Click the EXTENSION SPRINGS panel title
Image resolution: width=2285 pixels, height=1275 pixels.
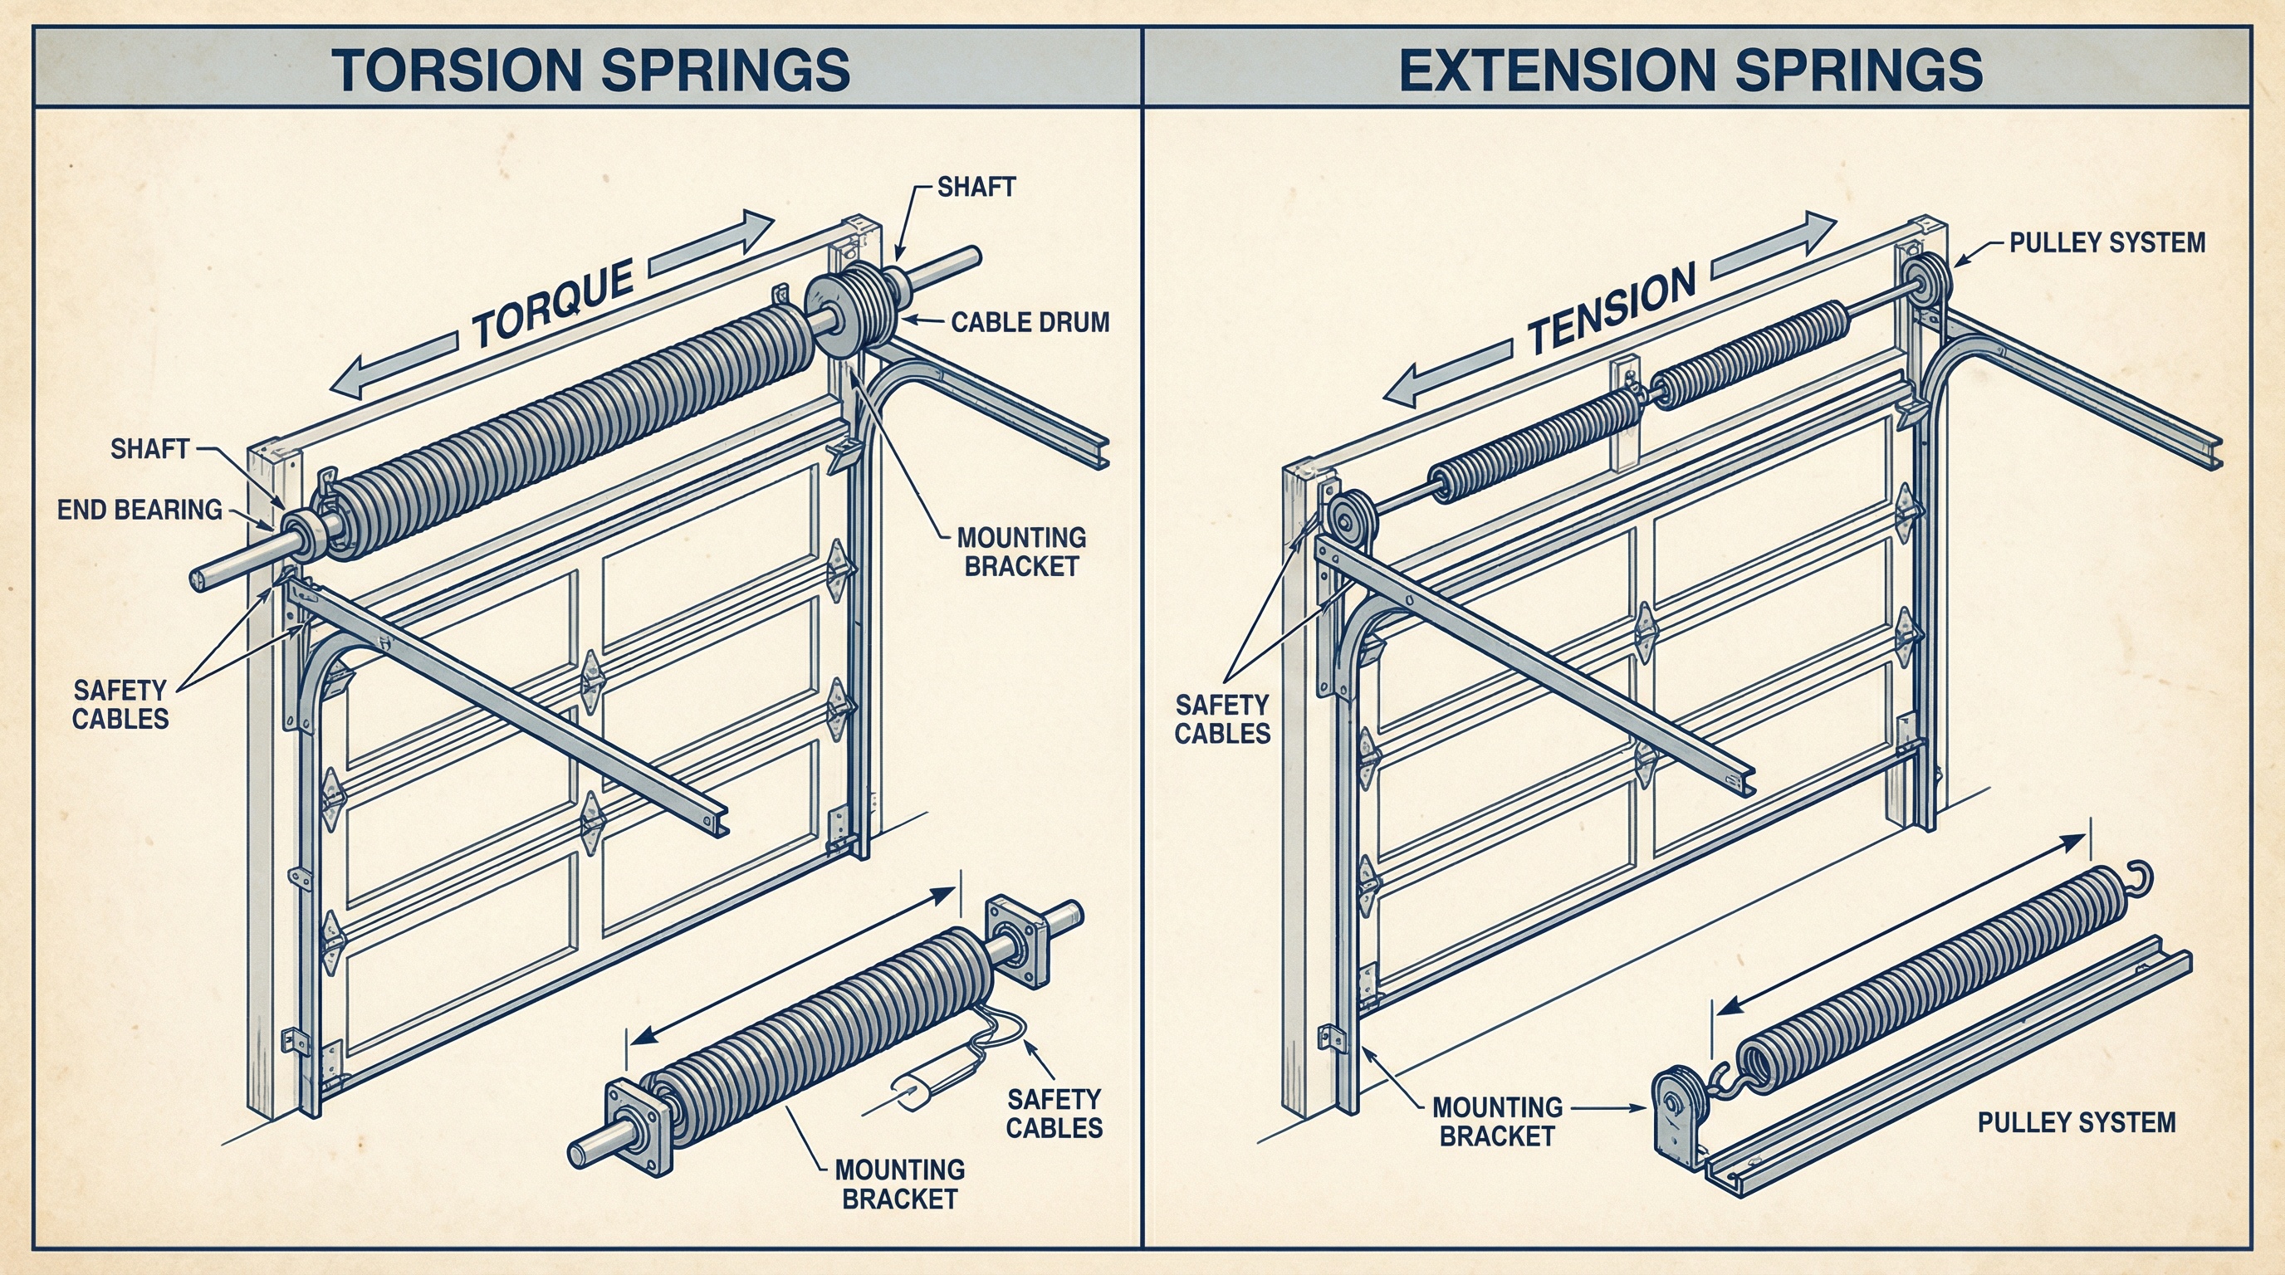pos(1690,70)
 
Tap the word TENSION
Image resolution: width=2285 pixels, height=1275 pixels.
pos(1611,310)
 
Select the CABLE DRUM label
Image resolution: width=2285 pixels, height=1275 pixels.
pos(1030,322)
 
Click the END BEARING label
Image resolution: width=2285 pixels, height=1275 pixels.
pos(139,509)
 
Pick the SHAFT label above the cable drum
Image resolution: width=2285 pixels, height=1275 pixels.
pos(976,187)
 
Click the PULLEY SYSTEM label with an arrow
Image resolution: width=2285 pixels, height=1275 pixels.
pos(2106,242)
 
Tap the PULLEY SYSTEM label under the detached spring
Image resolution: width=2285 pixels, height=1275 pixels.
pos(2076,1122)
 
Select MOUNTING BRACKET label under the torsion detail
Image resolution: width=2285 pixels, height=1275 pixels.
pos(899,1184)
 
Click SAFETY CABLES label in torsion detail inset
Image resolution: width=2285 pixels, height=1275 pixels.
pos(1054,1114)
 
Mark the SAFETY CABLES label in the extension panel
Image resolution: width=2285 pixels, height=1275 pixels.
pos(1221,719)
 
